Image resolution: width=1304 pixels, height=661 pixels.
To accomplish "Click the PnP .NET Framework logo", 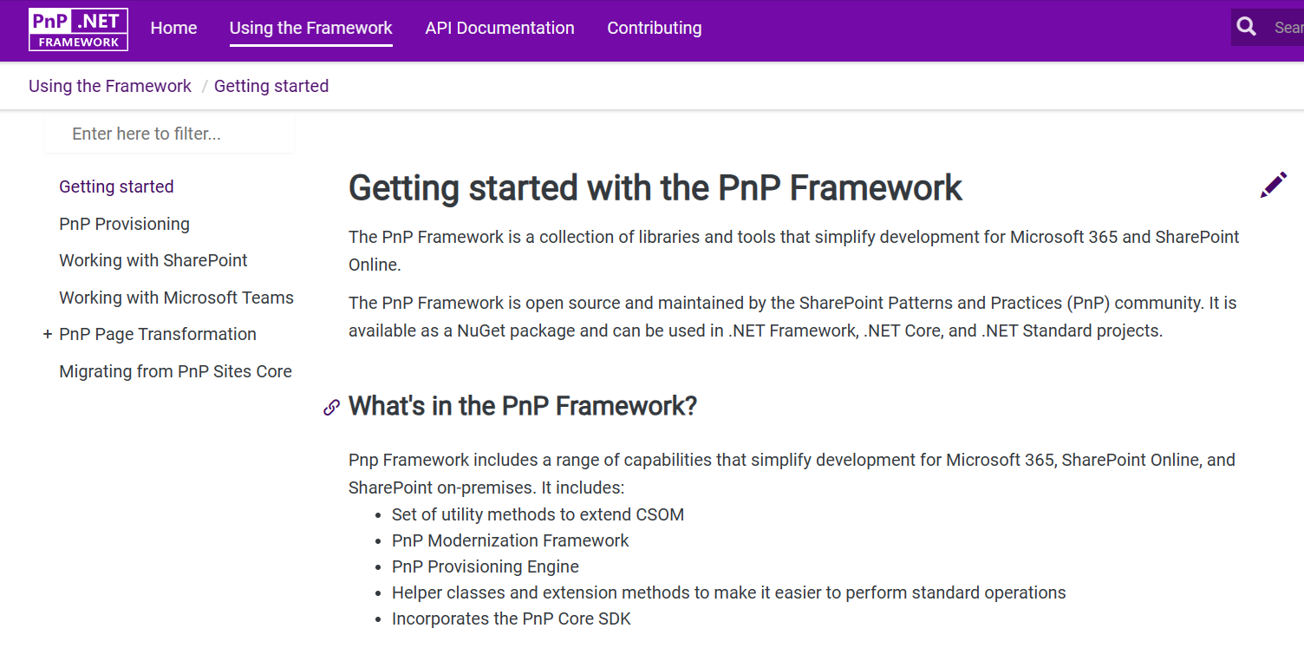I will [78, 29].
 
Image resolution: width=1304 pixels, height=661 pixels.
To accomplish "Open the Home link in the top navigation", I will [173, 28].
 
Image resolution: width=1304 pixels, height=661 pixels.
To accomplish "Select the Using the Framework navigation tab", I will [310, 28].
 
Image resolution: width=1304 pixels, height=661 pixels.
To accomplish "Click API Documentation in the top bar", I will [499, 28].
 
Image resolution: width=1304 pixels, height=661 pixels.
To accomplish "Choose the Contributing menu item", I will [654, 28].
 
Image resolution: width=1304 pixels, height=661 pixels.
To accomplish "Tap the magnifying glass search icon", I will [1247, 27].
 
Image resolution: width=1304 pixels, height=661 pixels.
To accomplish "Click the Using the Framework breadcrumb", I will [110, 86].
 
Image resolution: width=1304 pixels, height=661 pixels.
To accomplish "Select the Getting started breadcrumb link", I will [271, 86].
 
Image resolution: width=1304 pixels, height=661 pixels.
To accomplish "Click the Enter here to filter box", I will [170, 134].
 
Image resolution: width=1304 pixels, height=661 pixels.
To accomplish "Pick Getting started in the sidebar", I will [116, 187].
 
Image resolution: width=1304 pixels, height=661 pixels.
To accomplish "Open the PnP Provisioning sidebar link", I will [124, 224].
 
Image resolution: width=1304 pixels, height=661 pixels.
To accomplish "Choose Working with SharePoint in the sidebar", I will [153, 260].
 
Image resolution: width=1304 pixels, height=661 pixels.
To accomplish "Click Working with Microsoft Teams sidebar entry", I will [176, 298].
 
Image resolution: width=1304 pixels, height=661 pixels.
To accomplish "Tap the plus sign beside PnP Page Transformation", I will [48, 334].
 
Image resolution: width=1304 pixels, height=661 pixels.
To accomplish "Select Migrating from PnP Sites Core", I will [175, 371].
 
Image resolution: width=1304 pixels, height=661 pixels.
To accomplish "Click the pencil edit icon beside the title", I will [1273, 185].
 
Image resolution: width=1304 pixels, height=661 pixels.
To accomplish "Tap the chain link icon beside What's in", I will [331, 407].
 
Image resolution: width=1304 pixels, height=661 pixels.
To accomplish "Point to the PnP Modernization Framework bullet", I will [510, 540].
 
